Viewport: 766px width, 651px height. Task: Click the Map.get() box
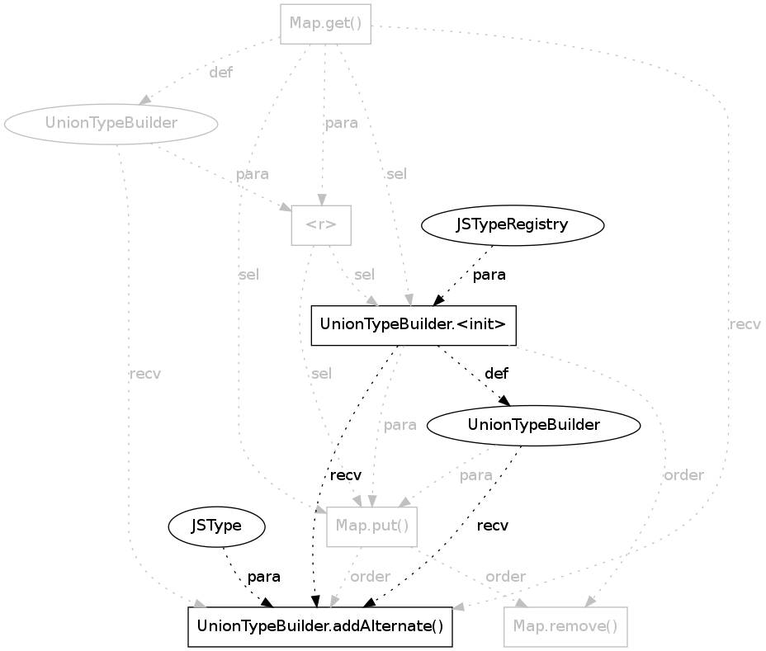coord(326,23)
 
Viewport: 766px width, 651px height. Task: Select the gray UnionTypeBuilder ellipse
coord(111,124)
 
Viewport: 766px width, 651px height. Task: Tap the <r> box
coord(321,224)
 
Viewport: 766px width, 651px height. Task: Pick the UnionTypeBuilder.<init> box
coord(413,325)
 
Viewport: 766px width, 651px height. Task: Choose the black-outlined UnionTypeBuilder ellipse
coord(533,425)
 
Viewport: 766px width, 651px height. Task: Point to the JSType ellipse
coord(215,526)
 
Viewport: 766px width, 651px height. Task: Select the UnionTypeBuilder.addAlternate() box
coord(320,626)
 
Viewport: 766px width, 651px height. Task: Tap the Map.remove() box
coord(565,626)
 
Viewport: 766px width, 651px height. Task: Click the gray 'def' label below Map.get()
coord(220,73)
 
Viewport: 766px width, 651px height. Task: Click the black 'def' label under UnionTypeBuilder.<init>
coord(496,374)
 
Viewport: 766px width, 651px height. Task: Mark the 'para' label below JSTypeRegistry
coord(489,275)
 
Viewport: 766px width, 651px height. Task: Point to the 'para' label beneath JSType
coord(263,576)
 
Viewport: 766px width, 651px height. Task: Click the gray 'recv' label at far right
coord(745,324)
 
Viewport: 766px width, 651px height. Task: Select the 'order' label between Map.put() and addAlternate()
coord(370,576)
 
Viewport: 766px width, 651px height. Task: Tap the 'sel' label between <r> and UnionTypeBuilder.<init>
coord(363,275)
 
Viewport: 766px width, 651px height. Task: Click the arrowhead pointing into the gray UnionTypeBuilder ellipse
coord(144,100)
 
